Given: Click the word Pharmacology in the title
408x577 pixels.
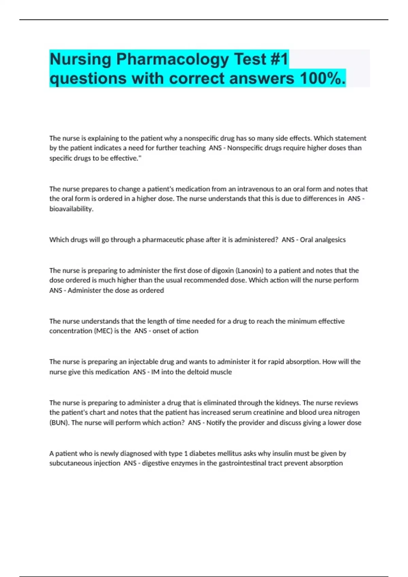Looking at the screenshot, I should (173, 59).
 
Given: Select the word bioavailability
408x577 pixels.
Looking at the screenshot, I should (71, 209).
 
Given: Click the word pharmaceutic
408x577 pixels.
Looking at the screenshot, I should (164, 240).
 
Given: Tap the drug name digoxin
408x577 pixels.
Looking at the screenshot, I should (223, 271).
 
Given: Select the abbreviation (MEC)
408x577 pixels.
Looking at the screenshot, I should (103, 331).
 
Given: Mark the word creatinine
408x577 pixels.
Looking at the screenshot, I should (265, 412).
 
